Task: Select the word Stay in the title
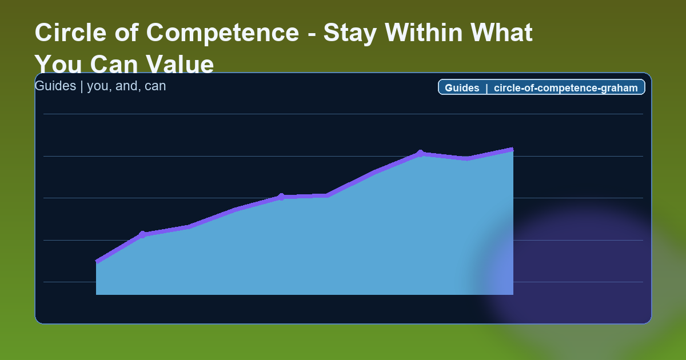[349, 33]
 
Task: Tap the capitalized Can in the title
[113, 65]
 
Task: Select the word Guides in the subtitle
[55, 86]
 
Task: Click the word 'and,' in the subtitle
[129, 86]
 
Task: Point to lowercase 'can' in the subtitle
[155, 86]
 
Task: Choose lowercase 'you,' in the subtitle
[100, 86]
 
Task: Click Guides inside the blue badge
[462, 87]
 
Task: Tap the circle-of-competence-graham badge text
[565, 87]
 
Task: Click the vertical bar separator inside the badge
[486, 87]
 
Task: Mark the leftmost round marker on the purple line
[142, 234]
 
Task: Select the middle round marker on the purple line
[281, 197]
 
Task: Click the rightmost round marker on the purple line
[420, 153]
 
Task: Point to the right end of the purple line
[512, 150]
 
